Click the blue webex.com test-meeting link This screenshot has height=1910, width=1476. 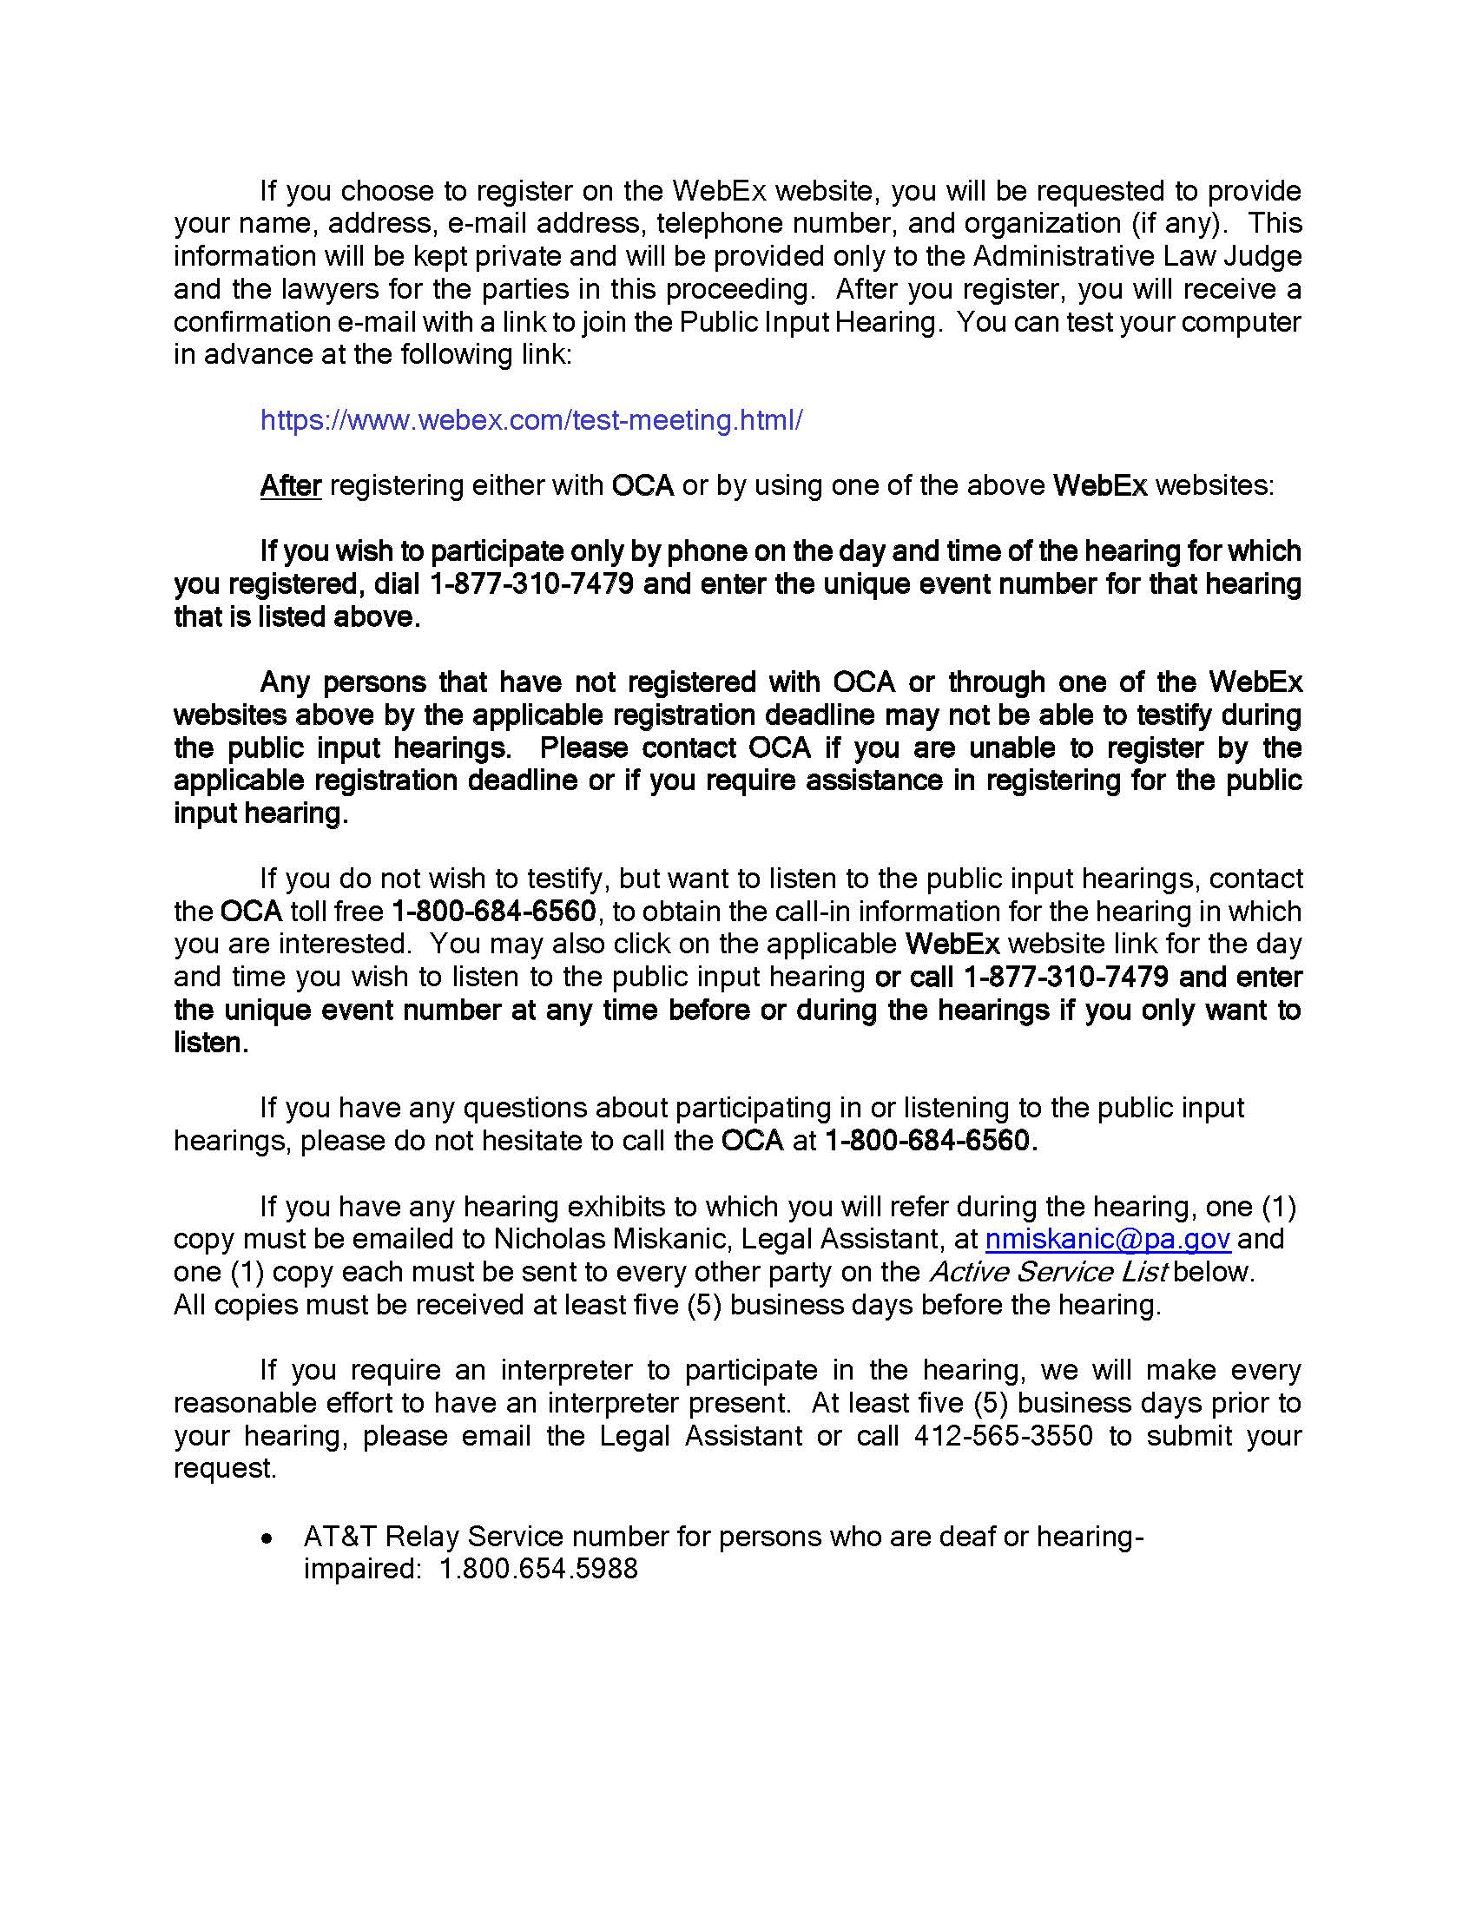(x=530, y=421)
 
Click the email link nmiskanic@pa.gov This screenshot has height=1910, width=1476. (x=1108, y=1238)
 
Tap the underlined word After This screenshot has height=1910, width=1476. (x=290, y=485)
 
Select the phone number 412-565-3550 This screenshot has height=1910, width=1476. (x=1003, y=1435)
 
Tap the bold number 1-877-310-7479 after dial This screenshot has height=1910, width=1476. (x=531, y=583)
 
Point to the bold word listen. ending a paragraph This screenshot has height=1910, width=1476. (x=211, y=1043)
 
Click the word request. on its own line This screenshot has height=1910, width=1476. (x=225, y=1468)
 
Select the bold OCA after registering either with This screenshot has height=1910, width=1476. (x=642, y=485)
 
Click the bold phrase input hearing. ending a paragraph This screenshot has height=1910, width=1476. (x=260, y=813)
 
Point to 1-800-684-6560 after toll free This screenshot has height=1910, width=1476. (x=494, y=912)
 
